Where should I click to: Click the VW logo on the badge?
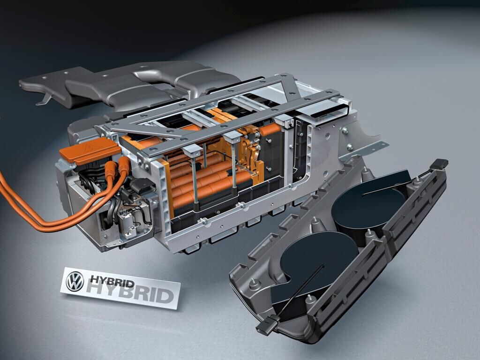click(x=75, y=281)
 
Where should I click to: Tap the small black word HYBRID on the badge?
click(x=112, y=282)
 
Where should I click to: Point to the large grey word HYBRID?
click(x=130, y=292)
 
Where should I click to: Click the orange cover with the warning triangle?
click(x=90, y=150)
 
